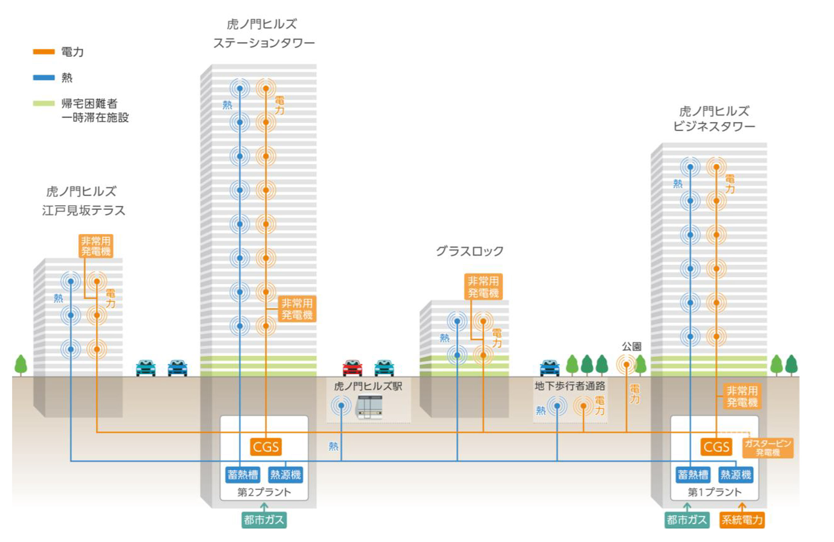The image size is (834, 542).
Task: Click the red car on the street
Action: click(352, 368)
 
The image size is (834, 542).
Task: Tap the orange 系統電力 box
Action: click(742, 520)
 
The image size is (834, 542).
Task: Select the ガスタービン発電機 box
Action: click(767, 448)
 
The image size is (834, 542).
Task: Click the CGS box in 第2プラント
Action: click(266, 447)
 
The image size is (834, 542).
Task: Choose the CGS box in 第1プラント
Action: click(716, 447)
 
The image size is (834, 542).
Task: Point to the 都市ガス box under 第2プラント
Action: click(264, 520)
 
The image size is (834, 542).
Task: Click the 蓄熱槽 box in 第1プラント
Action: click(693, 475)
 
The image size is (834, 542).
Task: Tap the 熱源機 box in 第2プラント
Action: click(285, 475)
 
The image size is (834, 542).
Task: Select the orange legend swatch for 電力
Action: click(44, 52)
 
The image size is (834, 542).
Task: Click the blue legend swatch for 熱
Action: click(44, 77)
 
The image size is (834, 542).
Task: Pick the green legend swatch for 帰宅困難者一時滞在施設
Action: click(44, 103)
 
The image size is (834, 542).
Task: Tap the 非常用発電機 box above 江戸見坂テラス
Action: click(96, 246)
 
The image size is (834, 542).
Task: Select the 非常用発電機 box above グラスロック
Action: click(483, 286)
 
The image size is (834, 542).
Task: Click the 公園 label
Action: click(631, 347)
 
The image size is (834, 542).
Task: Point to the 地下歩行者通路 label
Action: click(570, 386)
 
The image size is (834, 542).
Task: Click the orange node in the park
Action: click(626, 364)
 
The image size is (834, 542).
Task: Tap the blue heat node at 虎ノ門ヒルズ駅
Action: click(341, 405)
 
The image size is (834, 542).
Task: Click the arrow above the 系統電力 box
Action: click(742, 507)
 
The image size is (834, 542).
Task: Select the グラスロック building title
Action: click(470, 251)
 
